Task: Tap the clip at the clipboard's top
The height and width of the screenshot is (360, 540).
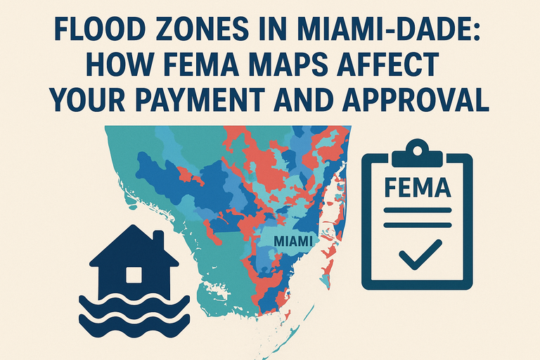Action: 416,150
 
